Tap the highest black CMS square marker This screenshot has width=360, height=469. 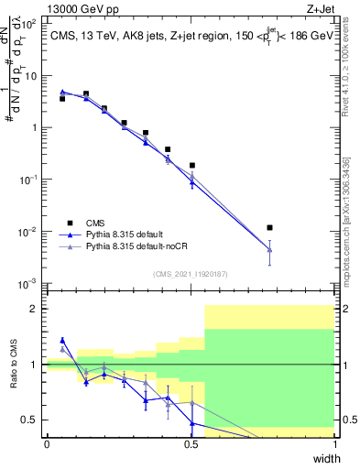click(x=86, y=93)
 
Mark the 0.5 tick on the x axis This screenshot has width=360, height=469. click(x=191, y=444)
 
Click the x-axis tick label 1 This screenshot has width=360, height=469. click(x=335, y=444)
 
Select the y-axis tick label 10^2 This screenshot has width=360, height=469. click(x=30, y=25)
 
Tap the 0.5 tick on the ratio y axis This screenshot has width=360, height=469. click(x=30, y=420)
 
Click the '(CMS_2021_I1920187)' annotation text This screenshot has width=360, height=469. click(x=191, y=272)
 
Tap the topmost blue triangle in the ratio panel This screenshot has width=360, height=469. click(x=62, y=340)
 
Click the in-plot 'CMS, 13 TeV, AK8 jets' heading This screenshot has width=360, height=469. click(x=110, y=36)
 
